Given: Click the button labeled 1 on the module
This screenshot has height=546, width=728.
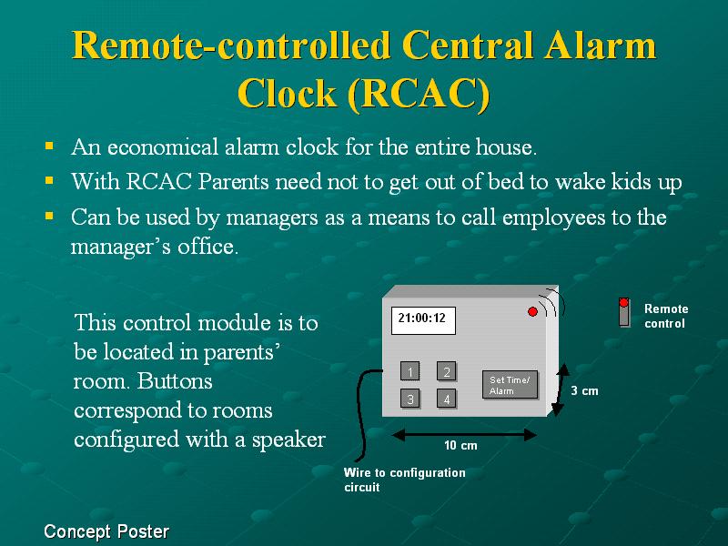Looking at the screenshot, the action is coord(410,371).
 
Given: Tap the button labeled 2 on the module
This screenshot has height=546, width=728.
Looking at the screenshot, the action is coord(447,371).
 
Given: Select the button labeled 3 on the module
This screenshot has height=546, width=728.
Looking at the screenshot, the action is coord(410,399).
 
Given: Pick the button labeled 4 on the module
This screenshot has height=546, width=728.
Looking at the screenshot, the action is coord(447,399).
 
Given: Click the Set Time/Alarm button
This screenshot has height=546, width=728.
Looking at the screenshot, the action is coord(511,385).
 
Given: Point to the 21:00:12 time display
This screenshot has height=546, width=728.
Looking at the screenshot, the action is coord(423,320).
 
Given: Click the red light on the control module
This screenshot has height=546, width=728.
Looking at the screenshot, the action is coord(533,311).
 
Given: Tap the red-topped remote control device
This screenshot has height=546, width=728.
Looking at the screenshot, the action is coord(624,312).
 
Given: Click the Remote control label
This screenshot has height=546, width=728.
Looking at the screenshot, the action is coord(666,316).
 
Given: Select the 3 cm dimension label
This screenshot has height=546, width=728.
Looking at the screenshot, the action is coord(584,391).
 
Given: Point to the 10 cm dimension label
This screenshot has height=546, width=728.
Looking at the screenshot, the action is coord(460,446).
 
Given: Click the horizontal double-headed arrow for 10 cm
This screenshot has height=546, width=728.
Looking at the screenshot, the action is coord(464,435).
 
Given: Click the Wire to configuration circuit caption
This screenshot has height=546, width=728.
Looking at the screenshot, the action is coord(404,480).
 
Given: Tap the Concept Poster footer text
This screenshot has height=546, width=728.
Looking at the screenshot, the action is coord(106,531).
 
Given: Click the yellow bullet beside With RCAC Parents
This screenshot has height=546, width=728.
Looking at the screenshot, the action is coord(49,179).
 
